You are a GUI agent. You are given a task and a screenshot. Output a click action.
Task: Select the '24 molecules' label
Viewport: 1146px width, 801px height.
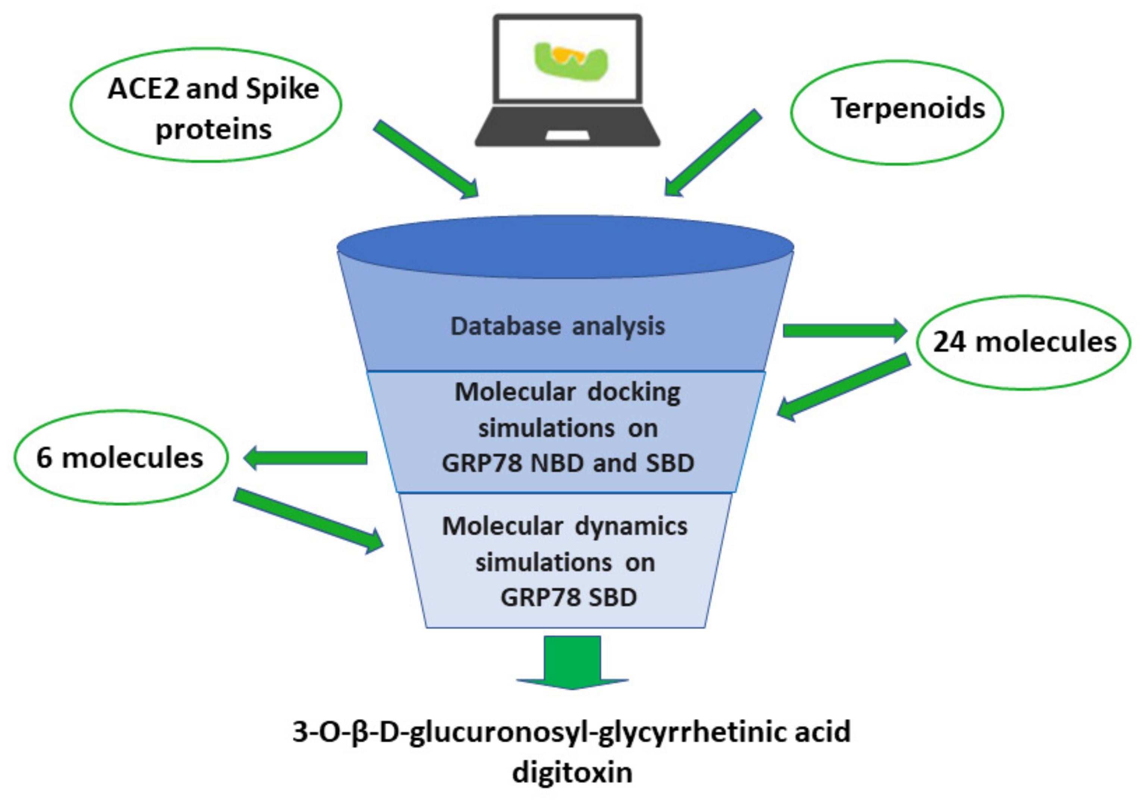tap(1024, 342)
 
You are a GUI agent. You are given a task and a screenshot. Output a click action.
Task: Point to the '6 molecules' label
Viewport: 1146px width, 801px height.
tap(120, 458)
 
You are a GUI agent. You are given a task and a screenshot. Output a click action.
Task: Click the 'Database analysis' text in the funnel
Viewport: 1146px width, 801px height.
tap(558, 326)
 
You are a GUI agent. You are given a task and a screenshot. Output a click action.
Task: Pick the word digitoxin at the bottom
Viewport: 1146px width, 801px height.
tap(572, 773)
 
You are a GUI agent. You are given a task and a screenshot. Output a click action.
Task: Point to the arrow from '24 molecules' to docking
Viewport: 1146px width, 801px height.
tap(843, 387)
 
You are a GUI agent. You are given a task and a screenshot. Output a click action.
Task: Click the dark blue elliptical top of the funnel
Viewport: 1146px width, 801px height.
tap(565, 246)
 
